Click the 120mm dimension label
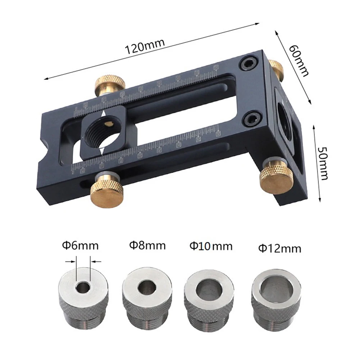tap(144, 45)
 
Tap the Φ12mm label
tap(279, 248)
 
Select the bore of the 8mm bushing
tap(147, 287)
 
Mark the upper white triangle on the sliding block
tap(104, 114)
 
